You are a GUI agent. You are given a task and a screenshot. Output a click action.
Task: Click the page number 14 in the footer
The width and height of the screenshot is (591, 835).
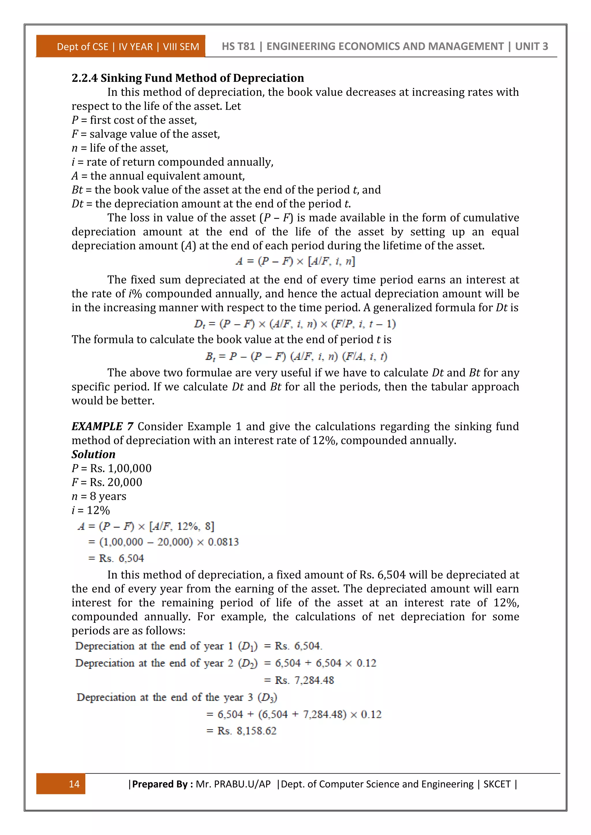[x=74, y=784]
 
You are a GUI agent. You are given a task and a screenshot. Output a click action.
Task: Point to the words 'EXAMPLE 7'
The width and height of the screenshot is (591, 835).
[x=102, y=426]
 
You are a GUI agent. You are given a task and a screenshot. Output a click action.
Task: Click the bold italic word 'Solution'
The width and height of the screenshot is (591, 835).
[x=93, y=454]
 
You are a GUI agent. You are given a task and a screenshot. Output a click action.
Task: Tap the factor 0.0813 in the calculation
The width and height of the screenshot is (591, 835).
[x=223, y=542]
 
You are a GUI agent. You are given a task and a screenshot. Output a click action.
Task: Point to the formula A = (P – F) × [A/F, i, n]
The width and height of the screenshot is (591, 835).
[x=295, y=261]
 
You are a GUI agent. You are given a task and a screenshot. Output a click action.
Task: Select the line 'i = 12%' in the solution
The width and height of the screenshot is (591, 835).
[x=91, y=510]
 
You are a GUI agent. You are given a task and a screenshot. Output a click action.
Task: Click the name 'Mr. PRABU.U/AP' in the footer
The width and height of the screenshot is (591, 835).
[x=233, y=784]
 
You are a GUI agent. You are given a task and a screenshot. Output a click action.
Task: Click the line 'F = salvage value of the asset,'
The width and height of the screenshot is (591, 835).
[x=145, y=134]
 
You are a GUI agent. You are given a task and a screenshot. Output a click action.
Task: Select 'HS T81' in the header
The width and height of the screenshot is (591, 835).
[x=238, y=46]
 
